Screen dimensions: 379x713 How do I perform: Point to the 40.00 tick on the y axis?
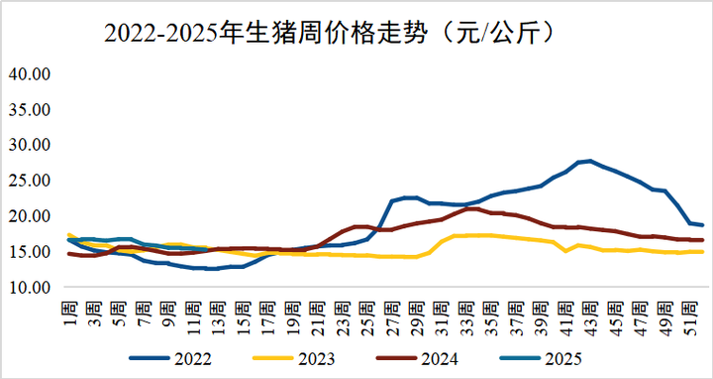click(x=30, y=73)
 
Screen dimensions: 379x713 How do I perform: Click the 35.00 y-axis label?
click(x=30, y=109)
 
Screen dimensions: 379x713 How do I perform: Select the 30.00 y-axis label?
click(x=30, y=145)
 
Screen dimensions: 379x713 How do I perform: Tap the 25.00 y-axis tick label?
click(x=30, y=181)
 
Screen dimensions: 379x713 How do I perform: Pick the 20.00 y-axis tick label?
click(x=30, y=216)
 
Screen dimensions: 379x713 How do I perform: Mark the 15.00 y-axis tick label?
click(x=30, y=252)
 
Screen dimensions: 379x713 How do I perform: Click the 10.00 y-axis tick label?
click(x=30, y=288)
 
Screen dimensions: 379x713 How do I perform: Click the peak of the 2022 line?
click(x=590, y=161)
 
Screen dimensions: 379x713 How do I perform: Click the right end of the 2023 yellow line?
click(x=703, y=252)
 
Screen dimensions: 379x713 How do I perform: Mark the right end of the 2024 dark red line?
click(x=703, y=240)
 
